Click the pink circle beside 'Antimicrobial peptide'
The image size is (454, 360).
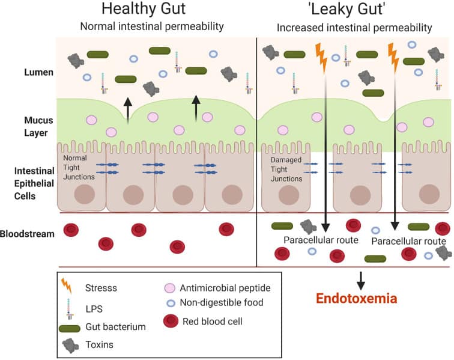tap(170, 288)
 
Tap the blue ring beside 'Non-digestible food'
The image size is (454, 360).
tap(170, 303)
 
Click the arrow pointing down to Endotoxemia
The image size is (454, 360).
tap(361, 280)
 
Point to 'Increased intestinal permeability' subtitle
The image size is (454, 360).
tap(354, 28)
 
